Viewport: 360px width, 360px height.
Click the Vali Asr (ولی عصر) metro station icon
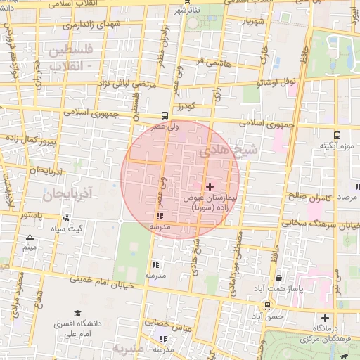tap(165, 115)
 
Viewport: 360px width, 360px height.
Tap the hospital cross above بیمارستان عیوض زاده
tap(210, 186)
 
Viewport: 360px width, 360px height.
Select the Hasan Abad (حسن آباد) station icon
tap(267, 305)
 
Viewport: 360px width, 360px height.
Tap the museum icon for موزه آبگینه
tap(337, 135)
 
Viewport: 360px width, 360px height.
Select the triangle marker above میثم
tap(30, 238)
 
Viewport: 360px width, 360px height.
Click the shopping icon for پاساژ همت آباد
tap(280, 278)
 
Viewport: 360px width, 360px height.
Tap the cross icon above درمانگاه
tap(324, 317)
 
